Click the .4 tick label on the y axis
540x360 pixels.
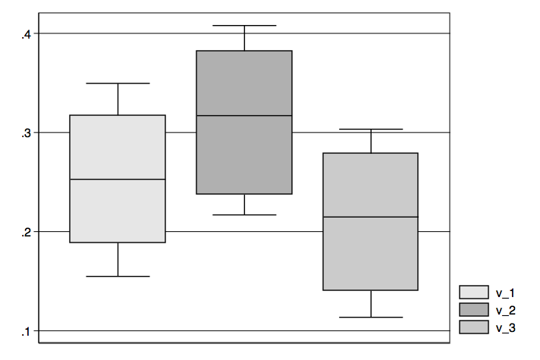click(27, 34)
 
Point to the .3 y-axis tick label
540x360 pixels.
click(27, 133)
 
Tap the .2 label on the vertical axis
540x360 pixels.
click(27, 233)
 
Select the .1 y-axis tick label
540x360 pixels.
click(26, 332)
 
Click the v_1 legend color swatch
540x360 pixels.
click(473, 292)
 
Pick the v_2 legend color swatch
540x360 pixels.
click(473, 309)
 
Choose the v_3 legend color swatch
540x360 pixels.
click(473, 327)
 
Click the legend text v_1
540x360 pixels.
click(505, 293)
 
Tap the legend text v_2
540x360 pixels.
click(506, 311)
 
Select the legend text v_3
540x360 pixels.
click(506, 328)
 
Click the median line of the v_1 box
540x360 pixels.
click(118, 180)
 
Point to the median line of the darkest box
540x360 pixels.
click(244, 116)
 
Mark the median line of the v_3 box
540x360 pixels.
click(371, 217)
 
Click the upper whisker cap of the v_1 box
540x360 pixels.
click(118, 83)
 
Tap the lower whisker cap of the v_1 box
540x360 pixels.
click(118, 277)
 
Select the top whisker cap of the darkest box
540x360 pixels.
click(244, 26)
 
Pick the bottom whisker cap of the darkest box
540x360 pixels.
click(244, 214)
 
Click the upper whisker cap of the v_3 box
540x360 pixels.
click(371, 129)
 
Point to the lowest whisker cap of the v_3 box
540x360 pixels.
click(371, 317)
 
